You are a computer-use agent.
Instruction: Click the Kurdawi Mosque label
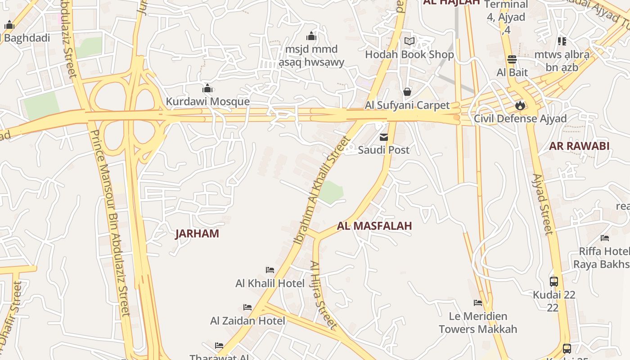point(207,101)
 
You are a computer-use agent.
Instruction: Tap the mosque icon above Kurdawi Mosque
point(207,88)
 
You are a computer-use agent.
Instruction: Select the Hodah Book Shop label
point(409,54)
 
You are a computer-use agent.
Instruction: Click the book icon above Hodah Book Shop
point(409,41)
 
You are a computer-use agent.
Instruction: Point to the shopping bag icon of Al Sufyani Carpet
point(407,92)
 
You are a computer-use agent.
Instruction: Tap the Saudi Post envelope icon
point(384,137)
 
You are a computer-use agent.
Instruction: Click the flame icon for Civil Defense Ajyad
point(520,106)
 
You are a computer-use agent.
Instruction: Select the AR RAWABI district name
point(579,146)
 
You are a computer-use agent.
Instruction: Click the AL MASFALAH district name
point(374,225)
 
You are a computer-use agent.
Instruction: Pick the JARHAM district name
point(197,234)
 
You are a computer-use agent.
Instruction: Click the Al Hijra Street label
point(323,295)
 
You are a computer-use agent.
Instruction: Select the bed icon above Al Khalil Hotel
point(270,270)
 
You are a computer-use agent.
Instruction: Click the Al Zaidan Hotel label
point(247,321)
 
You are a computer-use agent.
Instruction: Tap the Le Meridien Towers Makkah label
point(478,323)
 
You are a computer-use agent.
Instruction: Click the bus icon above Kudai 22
point(554,282)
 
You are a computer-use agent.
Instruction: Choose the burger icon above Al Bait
point(512,59)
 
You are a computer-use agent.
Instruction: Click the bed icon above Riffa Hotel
point(605,238)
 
